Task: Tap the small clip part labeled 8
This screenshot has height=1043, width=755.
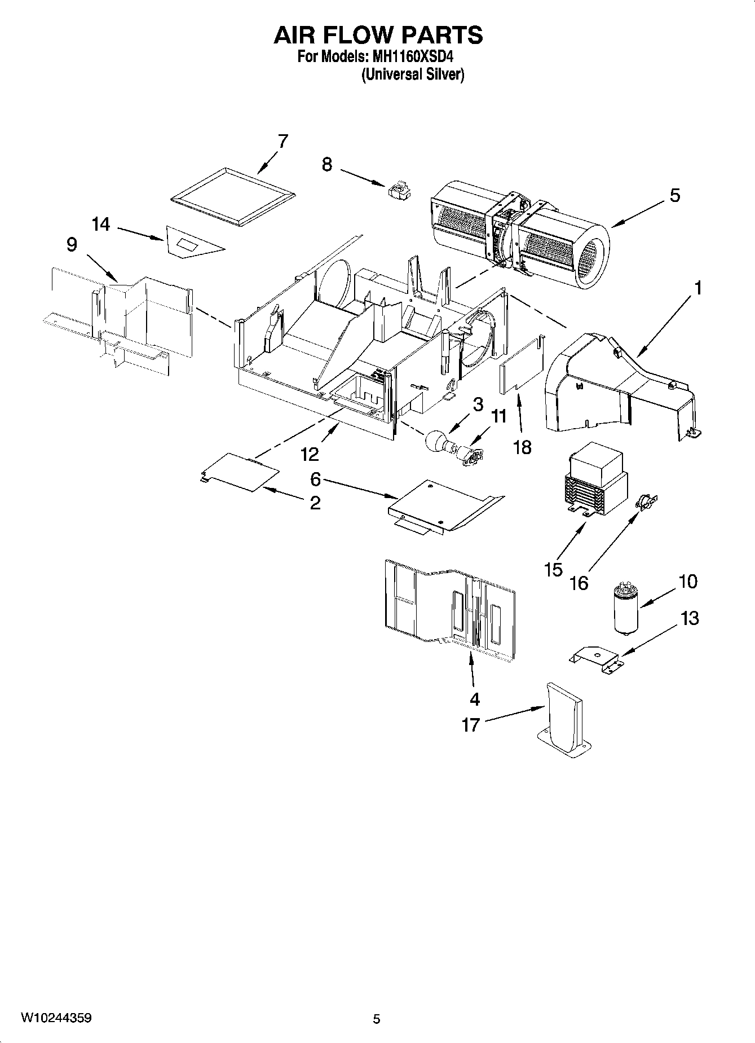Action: pyautogui.click(x=399, y=190)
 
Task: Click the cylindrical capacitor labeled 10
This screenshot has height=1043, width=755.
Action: pyautogui.click(x=625, y=610)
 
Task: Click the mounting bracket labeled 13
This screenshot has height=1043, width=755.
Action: pyautogui.click(x=597, y=659)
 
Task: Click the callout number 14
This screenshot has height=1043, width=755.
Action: pyautogui.click(x=101, y=225)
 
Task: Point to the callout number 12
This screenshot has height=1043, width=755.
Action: pyautogui.click(x=310, y=454)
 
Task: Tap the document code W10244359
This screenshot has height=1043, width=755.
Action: pyautogui.click(x=56, y=1018)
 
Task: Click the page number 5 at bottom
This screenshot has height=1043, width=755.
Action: pyautogui.click(x=376, y=1019)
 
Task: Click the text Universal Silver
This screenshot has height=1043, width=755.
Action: pyautogui.click(x=412, y=74)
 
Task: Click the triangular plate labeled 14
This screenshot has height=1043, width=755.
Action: pyautogui.click(x=192, y=243)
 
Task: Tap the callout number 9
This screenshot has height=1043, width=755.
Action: pyautogui.click(x=72, y=245)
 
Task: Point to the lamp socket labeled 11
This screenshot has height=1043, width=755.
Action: pyautogui.click(x=469, y=454)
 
